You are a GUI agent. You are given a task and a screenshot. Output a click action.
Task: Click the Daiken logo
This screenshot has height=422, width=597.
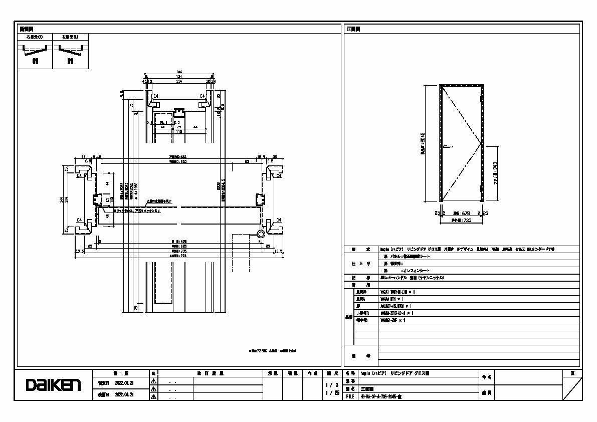point(53,385)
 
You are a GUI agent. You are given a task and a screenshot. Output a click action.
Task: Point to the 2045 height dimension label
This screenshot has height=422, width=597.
point(423,143)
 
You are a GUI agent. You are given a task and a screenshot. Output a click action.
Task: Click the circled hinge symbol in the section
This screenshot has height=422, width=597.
point(261,234)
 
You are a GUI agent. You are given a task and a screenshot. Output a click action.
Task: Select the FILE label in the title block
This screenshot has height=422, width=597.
point(350,396)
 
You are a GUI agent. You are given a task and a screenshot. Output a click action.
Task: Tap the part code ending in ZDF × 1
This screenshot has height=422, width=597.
point(393,320)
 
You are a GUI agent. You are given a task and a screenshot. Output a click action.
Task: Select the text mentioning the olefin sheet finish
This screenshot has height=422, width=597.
point(403,270)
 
